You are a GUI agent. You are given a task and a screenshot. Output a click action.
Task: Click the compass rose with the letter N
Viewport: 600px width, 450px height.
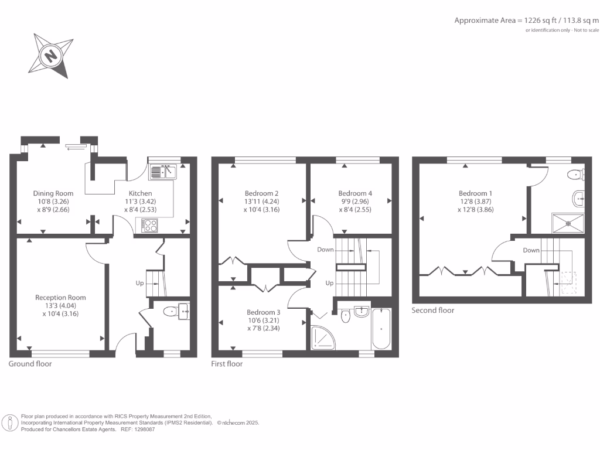coord(51,56)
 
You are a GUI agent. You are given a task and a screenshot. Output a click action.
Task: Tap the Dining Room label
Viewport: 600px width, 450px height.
coord(53,193)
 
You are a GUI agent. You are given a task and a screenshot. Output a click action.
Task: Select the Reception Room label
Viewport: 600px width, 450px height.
coord(60,298)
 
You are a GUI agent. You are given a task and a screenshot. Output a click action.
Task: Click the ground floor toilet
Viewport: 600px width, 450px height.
coord(171,312)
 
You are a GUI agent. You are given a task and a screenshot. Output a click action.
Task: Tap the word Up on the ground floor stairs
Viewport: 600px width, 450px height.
coord(139,283)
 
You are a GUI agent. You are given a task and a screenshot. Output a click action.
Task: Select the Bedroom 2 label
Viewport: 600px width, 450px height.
coord(261,193)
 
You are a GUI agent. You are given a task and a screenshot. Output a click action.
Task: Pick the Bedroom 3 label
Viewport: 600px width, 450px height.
coord(263,312)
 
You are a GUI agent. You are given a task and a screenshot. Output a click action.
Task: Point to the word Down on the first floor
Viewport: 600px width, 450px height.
coord(325,250)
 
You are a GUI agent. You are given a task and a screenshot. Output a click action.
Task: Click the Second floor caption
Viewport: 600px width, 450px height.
coord(432,311)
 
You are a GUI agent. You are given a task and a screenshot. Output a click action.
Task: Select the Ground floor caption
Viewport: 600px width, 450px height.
coord(30,364)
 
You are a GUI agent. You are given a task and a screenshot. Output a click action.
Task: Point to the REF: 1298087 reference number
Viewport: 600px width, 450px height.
coord(138,429)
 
